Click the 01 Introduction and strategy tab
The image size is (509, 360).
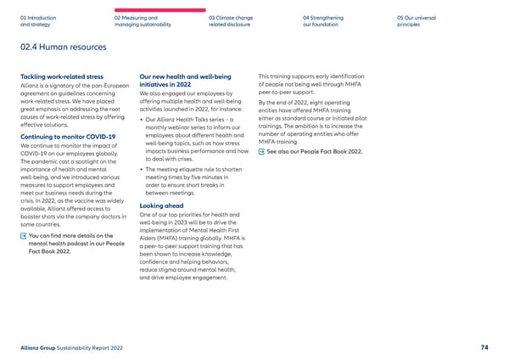[37, 20]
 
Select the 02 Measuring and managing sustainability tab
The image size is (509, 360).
[142, 20]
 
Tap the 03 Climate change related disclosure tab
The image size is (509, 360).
[232, 20]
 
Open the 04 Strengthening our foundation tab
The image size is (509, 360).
[323, 20]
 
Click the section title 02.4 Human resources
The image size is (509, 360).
[64, 47]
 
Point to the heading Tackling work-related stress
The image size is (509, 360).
[61, 76]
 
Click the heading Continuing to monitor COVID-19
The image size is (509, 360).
[67, 136]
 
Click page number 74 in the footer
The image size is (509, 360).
[484, 346]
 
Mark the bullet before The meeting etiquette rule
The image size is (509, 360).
[141, 169]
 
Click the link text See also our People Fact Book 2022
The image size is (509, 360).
[315, 152]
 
